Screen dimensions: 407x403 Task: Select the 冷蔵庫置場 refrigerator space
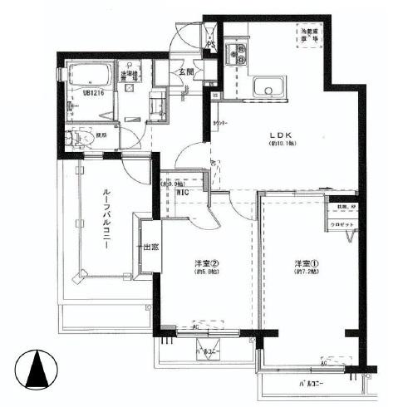[x=308, y=35]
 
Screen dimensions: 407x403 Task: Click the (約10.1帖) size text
[x=277, y=144]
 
